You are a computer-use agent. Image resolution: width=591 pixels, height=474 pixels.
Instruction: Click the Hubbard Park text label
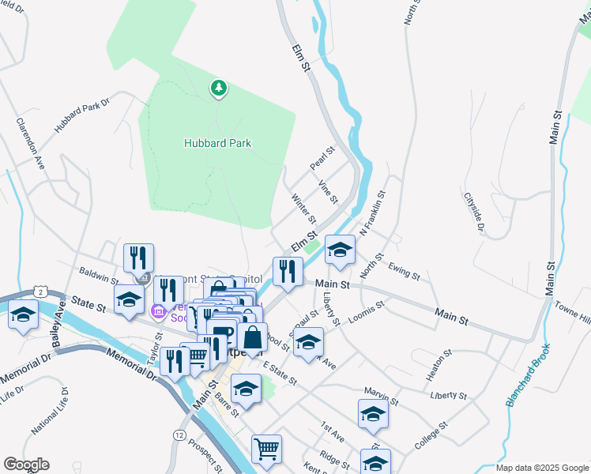pyautogui.click(x=217, y=143)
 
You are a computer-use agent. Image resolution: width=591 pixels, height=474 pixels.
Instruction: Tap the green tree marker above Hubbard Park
pyautogui.click(x=218, y=88)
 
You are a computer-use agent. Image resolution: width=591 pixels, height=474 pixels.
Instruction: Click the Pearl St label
pyautogui.click(x=323, y=157)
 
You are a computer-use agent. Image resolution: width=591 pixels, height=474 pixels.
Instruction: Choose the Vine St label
pyautogui.click(x=327, y=191)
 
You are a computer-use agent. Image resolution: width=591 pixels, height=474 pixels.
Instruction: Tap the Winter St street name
pyautogui.click(x=303, y=209)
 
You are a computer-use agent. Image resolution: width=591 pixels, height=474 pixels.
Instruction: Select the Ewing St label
pyautogui.click(x=405, y=273)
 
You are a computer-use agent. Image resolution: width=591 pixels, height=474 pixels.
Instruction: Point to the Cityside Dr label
pyautogui.click(x=474, y=213)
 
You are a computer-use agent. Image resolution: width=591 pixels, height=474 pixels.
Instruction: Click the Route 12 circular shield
pyautogui.click(x=180, y=435)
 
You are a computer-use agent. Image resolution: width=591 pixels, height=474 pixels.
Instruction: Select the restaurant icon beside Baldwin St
pyautogui.click(x=138, y=257)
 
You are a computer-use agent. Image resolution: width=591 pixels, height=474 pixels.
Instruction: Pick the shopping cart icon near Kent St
pyautogui.click(x=266, y=449)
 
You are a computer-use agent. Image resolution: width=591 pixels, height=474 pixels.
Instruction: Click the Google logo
pyautogui.click(x=26, y=465)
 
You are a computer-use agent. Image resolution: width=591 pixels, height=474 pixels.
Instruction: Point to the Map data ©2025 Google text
pyautogui.click(x=540, y=468)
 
